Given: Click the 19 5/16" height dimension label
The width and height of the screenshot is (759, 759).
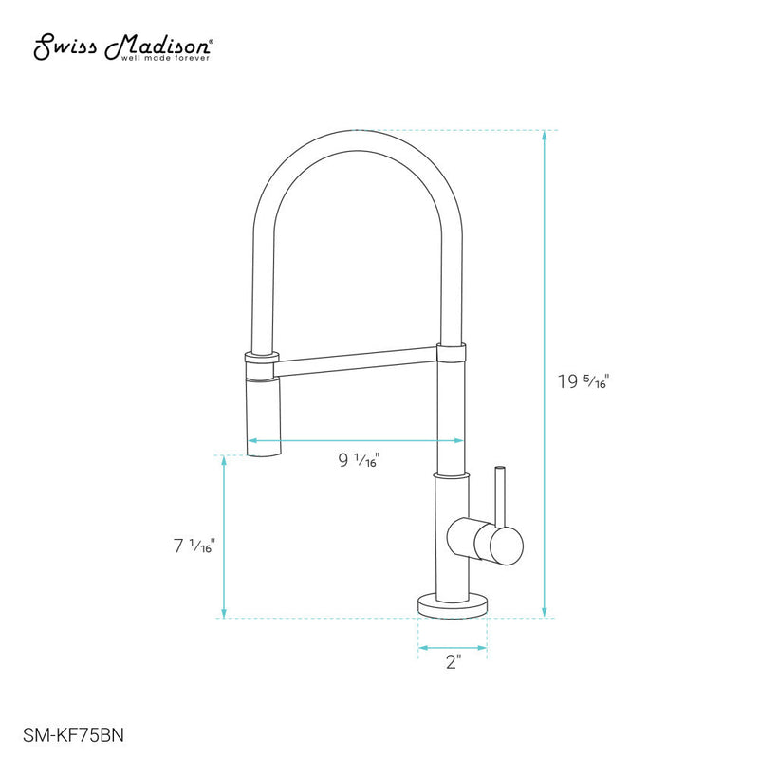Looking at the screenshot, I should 583,382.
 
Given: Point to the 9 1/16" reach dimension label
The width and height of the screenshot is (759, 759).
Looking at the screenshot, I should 360,461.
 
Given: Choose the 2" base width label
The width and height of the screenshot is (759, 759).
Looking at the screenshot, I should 452,663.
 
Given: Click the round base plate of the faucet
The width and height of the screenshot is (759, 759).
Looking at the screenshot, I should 452,602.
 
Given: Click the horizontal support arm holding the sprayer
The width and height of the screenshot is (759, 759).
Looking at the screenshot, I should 357,358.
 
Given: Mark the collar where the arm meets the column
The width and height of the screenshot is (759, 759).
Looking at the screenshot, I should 452,354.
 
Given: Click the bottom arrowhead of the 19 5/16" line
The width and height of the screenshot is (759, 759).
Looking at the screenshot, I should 545,612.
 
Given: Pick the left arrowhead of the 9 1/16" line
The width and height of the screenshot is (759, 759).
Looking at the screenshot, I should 253,441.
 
